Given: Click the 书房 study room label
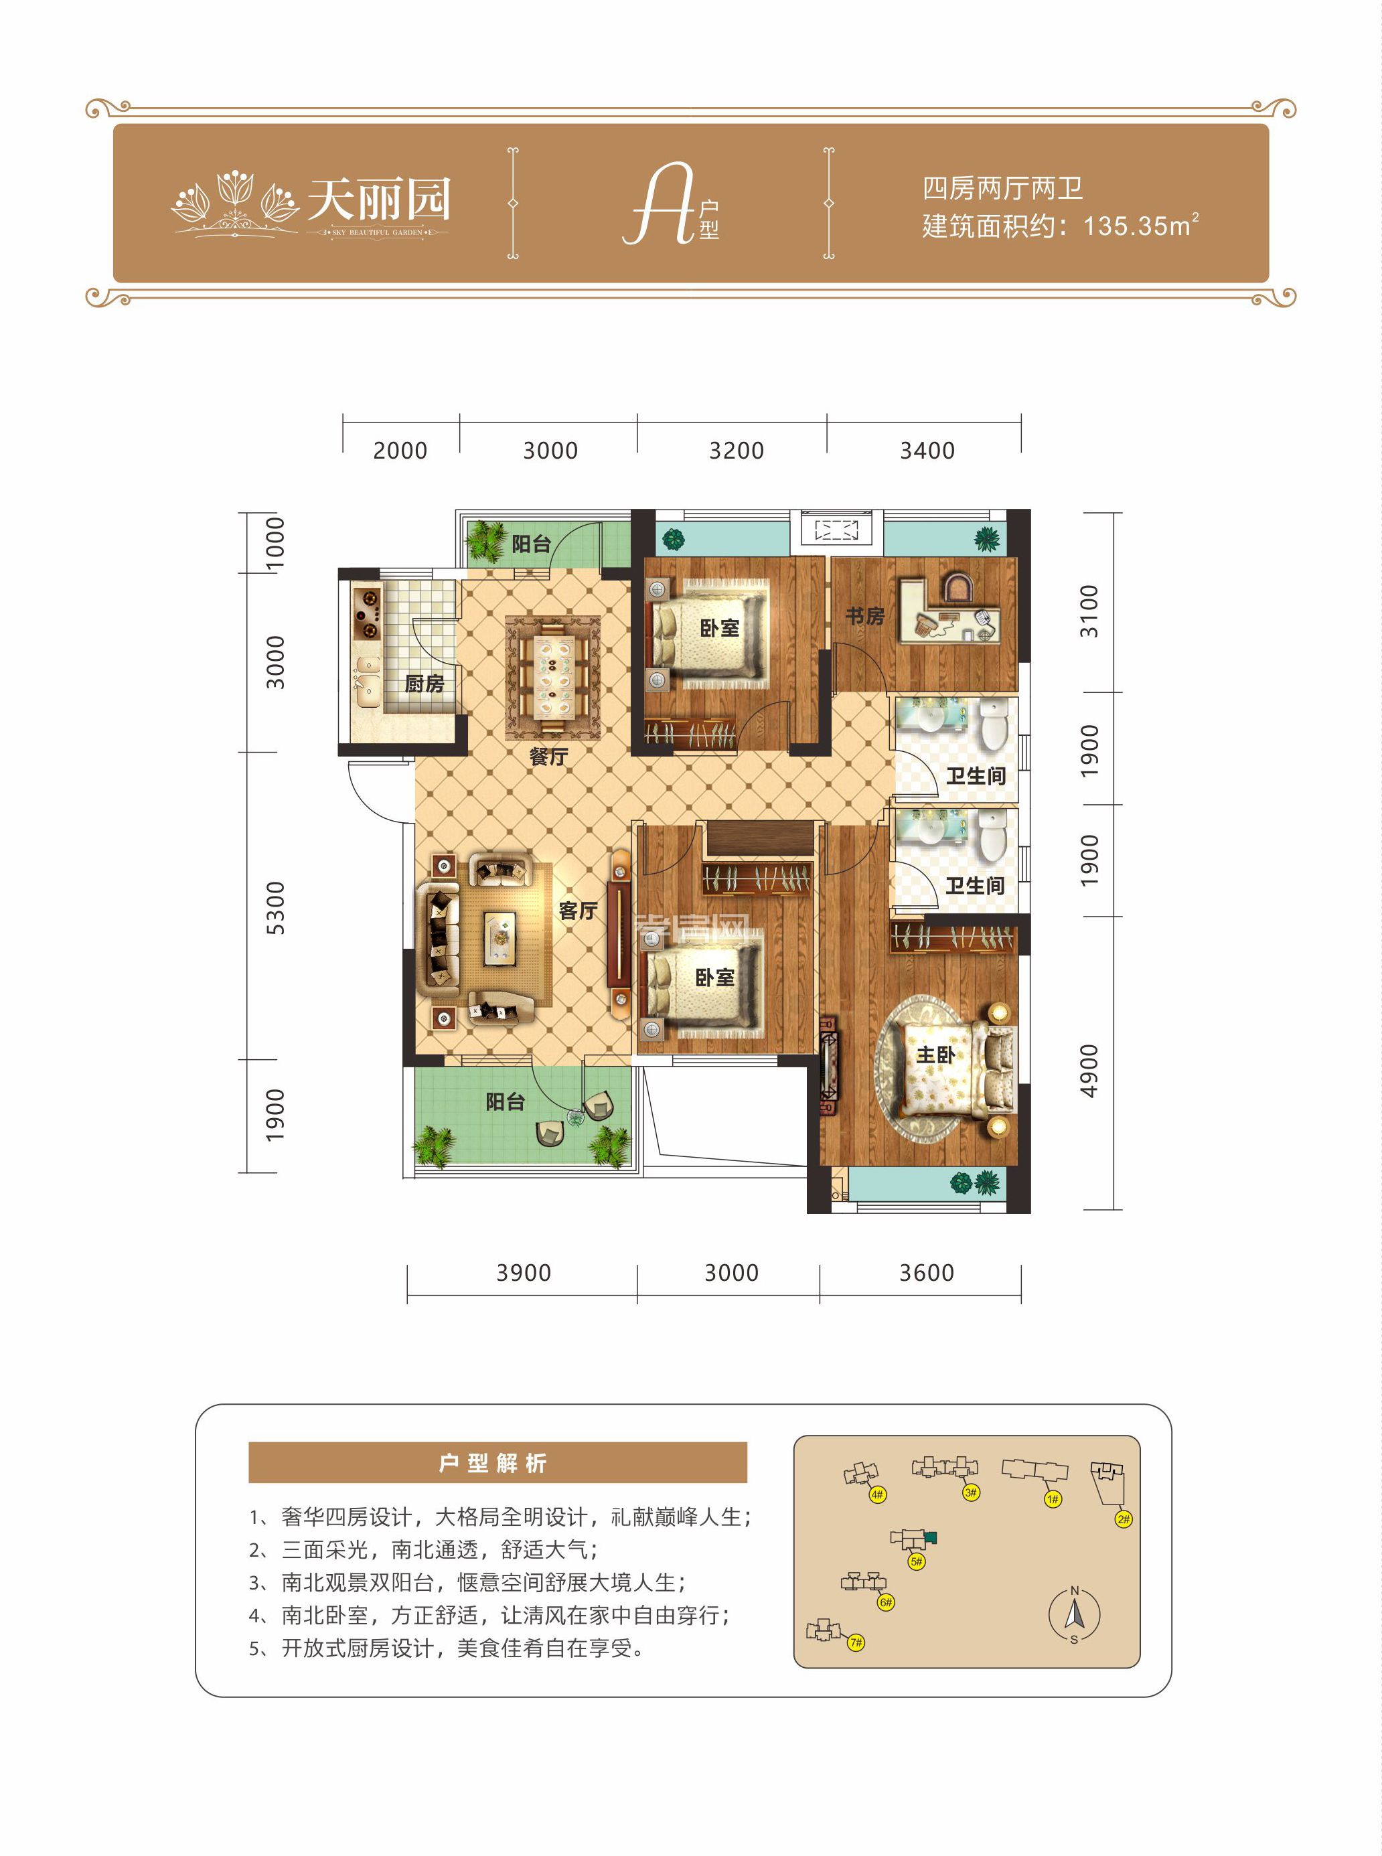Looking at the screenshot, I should (864, 617).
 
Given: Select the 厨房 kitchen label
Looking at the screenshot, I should (424, 684).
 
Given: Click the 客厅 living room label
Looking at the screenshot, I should (578, 910).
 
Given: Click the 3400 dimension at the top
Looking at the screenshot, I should (927, 451).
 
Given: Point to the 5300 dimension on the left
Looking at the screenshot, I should (275, 907).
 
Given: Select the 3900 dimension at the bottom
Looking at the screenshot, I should (523, 1273).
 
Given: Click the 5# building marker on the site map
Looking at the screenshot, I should (916, 1561).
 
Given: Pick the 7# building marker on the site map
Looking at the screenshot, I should (856, 1642).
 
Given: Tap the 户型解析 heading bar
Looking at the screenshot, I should (497, 1463).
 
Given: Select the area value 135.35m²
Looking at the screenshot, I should (1140, 226).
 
